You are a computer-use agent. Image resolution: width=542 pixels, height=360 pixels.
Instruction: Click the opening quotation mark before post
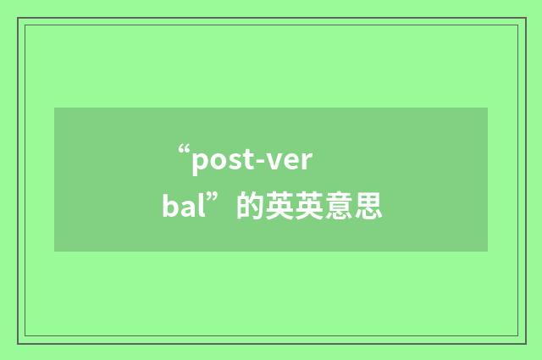(x=184, y=153)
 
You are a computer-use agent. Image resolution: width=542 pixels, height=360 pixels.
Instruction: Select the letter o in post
(x=217, y=159)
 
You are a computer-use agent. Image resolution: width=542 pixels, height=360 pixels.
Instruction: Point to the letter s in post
(x=232, y=159)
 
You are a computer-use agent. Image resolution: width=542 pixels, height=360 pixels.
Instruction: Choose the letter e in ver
(x=286, y=159)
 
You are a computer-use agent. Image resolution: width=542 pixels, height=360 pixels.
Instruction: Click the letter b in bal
(x=170, y=204)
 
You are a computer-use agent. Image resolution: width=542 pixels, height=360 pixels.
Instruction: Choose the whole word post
(x=222, y=159)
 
